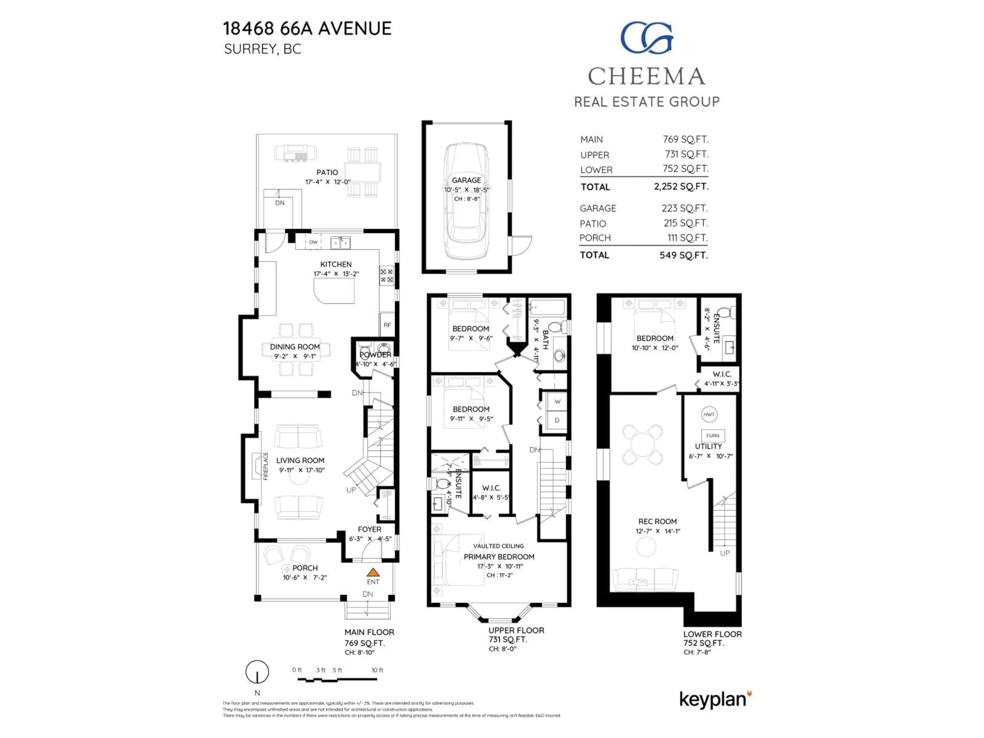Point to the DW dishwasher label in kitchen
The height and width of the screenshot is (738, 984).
(313, 242)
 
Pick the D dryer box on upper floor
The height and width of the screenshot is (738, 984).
(557, 421)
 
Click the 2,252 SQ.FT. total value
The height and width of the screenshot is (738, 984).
(681, 186)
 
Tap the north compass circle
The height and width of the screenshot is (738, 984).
(257, 671)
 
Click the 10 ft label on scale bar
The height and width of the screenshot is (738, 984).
(377, 670)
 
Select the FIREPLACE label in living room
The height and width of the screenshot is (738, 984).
(265, 466)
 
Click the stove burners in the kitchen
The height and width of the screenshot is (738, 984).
(386, 275)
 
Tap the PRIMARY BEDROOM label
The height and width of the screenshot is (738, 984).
(499, 557)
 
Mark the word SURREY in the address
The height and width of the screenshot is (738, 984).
(250, 49)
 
